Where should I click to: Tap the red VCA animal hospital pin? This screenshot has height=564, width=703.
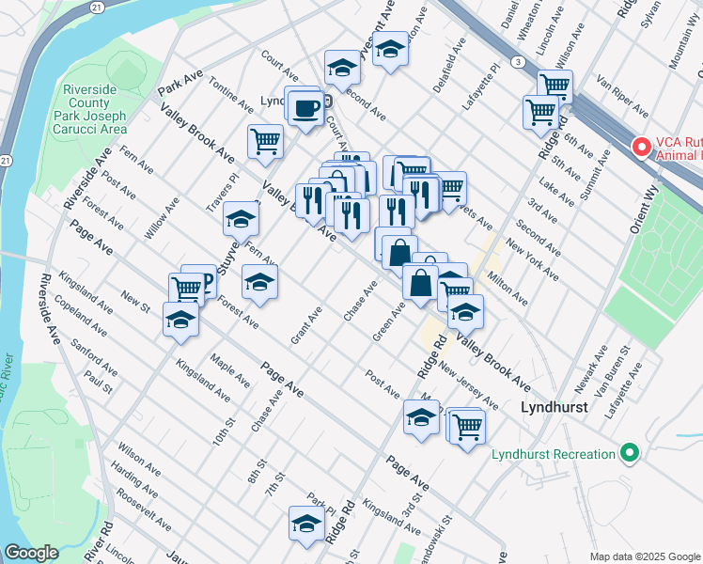pos(642,147)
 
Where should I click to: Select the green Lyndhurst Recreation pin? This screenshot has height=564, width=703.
pos(629,454)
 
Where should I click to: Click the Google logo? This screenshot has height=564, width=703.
pos(31,553)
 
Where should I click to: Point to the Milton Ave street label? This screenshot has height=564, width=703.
pos(506,288)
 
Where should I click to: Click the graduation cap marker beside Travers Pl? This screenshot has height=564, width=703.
pos(241,220)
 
